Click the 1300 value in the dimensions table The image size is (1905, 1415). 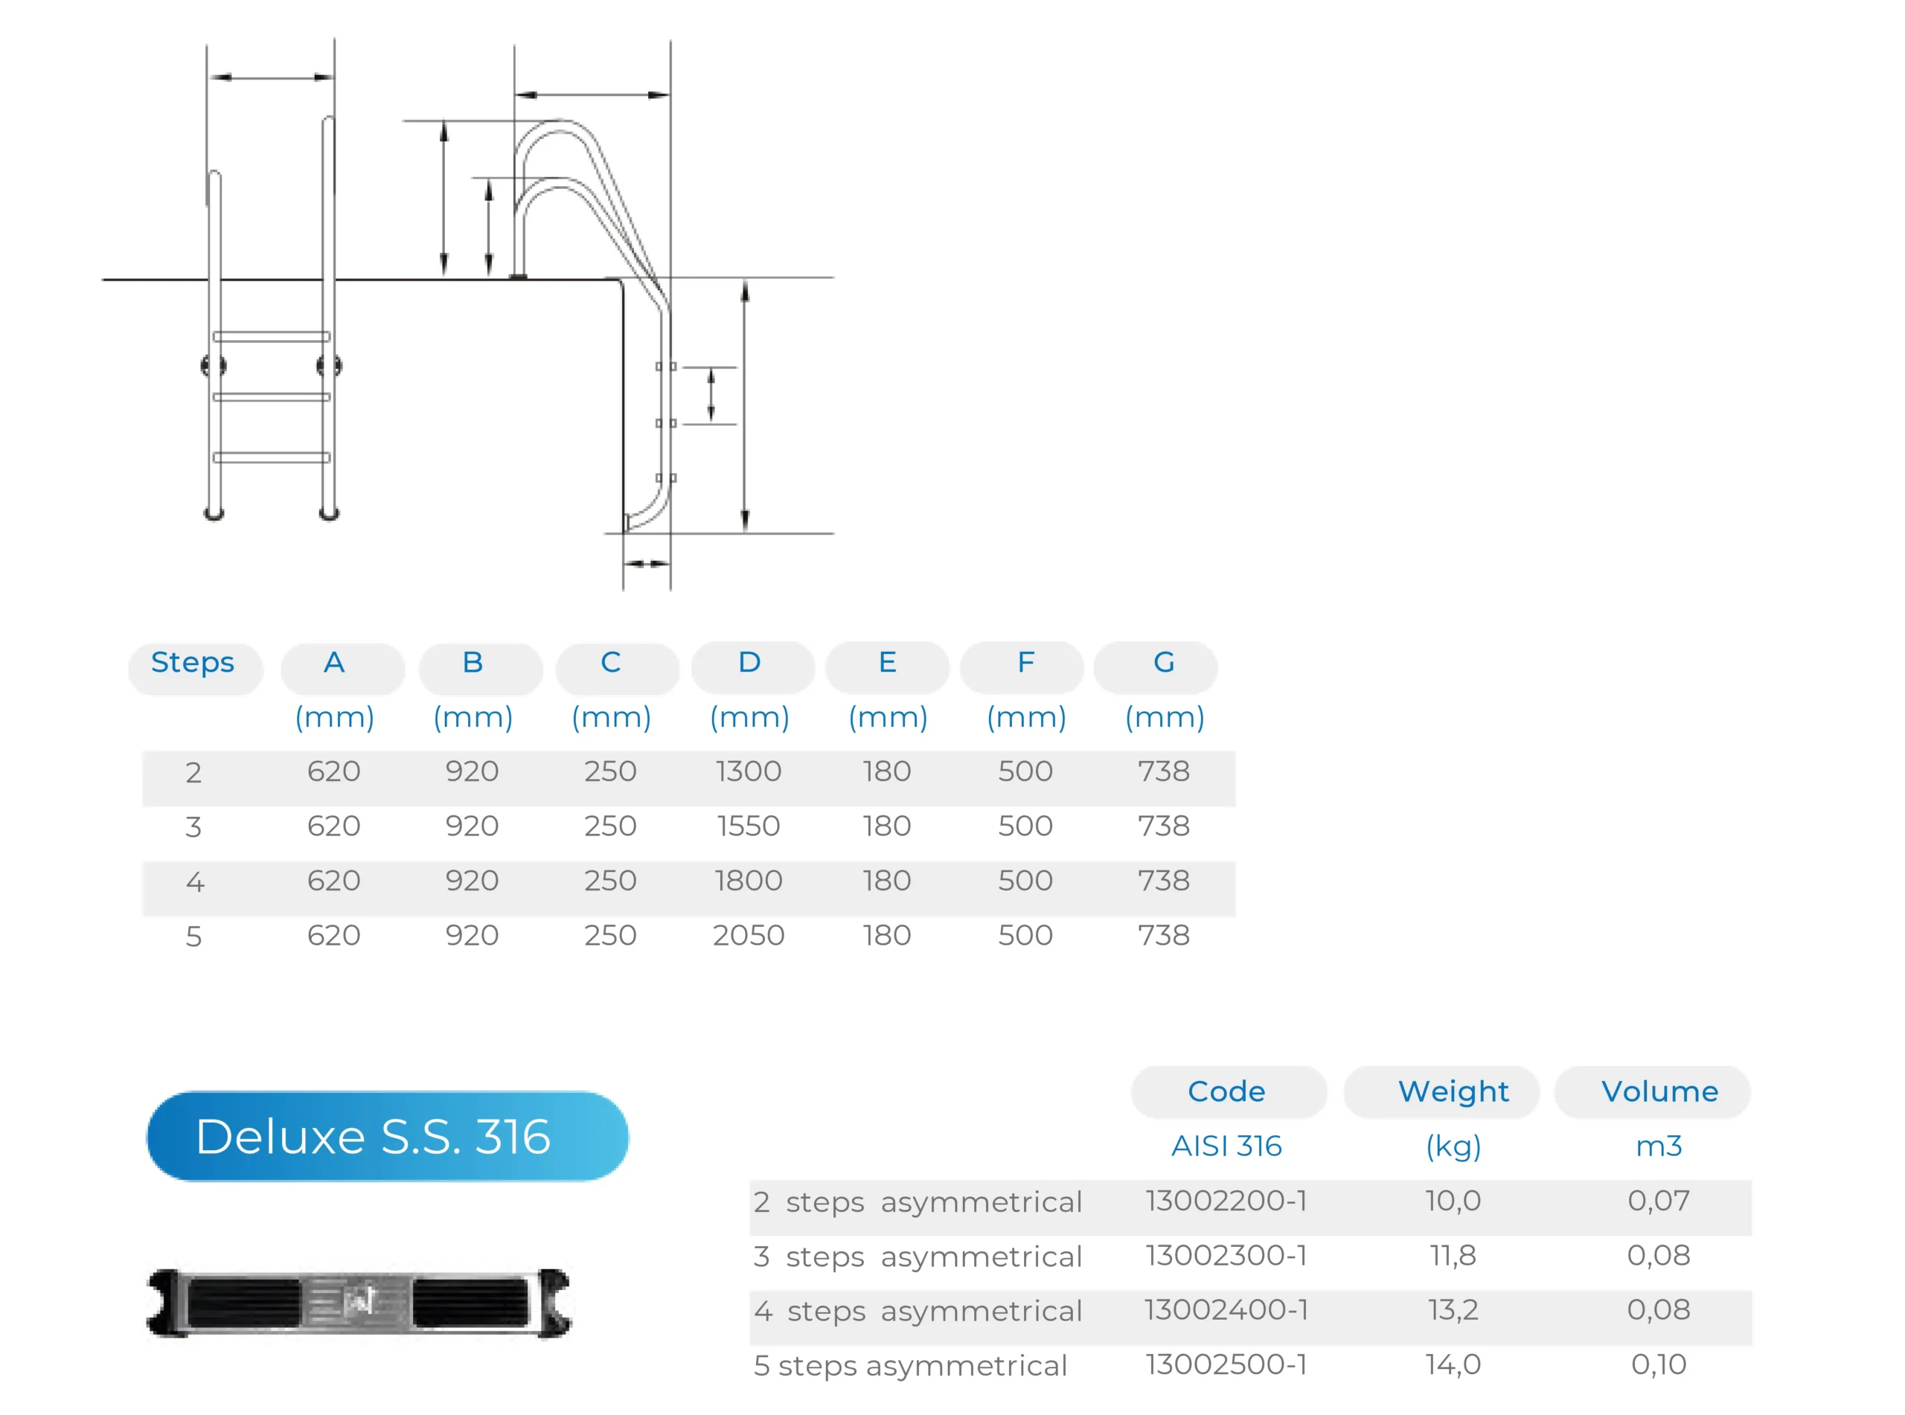pyautogui.click(x=749, y=771)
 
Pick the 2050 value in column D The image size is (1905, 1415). pyautogui.click(x=749, y=935)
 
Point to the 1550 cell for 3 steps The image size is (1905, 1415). pyautogui.click(x=749, y=827)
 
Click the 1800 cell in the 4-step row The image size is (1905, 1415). pyautogui.click(x=749, y=882)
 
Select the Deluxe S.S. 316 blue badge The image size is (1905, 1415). pyautogui.click(x=387, y=1137)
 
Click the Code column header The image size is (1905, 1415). pyautogui.click(x=1226, y=1092)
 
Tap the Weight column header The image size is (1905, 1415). pyautogui.click(x=1453, y=1092)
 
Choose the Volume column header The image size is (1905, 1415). pyautogui.click(x=1659, y=1092)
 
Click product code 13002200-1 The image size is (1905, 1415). pyautogui.click(x=1226, y=1201)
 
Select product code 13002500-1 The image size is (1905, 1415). pyautogui.click(x=1226, y=1365)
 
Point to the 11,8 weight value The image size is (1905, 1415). pyautogui.click(x=1453, y=1257)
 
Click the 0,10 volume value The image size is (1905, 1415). pyautogui.click(x=1659, y=1365)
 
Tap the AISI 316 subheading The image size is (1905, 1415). pyautogui.click(x=1226, y=1147)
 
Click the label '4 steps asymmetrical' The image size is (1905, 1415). pyautogui.click(x=918, y=1312)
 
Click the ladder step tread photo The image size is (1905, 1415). pyautogui.click(x=359, y=1303)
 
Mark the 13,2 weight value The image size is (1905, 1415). pyautogui.click(x=1453, y=1311)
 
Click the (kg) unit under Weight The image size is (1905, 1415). pyautogui.click(x=1453, y=1147)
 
